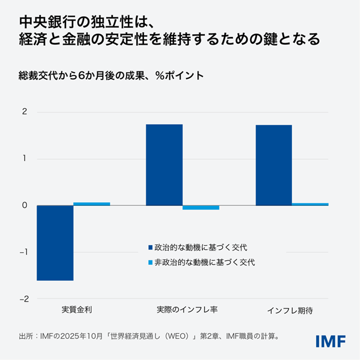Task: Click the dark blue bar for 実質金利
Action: pos(55,242)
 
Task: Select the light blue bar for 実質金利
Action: pos(92,204)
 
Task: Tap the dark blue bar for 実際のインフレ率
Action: pos(164,165)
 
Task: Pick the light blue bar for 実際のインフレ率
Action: pos(201,207)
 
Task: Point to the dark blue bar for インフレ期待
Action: pos(274,165)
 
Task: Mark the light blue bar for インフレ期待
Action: pos(310,204)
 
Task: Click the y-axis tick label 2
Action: pos(24,112)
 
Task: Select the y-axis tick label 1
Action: pos(24,159)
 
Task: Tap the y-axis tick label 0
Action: pos(24,205)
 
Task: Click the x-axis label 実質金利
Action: pos(73,310)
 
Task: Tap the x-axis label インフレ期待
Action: pos(292,310)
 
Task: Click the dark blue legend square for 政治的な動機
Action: pos(150,248)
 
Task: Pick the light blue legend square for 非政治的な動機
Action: pos(150,263)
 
